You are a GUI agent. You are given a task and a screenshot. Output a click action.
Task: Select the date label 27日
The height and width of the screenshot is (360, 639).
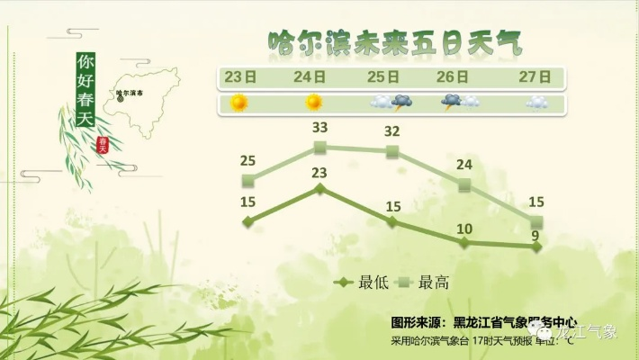pyautogui.click(x=535, y=76)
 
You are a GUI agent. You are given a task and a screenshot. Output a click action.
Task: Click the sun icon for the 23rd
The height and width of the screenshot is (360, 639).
pyautogui.click(x=238, y=103)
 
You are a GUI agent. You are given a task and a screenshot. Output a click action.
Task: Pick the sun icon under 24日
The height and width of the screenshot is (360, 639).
pyautogui.click(x=313, y=103)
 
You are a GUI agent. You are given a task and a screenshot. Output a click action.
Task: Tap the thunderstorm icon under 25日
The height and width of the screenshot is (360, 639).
pyautogui.click(x=391, y=103)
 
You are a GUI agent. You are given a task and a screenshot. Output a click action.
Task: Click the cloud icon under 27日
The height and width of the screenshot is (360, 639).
pyautogui.click(x=536, y=103)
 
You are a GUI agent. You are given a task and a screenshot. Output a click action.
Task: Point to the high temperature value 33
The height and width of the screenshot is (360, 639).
pyautogui.click(x=319, y=126)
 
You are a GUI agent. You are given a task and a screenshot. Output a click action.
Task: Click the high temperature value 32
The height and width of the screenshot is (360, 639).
pyautogui.click(x=392, y=131)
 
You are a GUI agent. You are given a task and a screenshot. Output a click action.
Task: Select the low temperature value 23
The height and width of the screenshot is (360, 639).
pyautogui.click(x=319, y=172)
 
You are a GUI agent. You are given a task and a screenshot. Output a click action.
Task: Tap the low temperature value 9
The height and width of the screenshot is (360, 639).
pyautogui.click(x=535, y=237)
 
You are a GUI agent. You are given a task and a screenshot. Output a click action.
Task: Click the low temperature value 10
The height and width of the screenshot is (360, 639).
pyautogui.click(x=464, y=229)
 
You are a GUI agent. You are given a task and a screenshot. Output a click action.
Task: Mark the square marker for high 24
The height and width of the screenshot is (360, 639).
pyautogui.click(x=464, y=184)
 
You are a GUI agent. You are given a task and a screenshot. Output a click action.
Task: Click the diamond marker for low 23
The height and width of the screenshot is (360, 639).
pyautogui.click(x=319, y=189)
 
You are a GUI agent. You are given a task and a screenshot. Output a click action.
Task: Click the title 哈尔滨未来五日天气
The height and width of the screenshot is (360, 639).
pyautogui.click(x=394, y=42)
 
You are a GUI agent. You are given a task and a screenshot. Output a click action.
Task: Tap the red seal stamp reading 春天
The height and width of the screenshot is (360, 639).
pyautogui.click(x=103, y=143)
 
